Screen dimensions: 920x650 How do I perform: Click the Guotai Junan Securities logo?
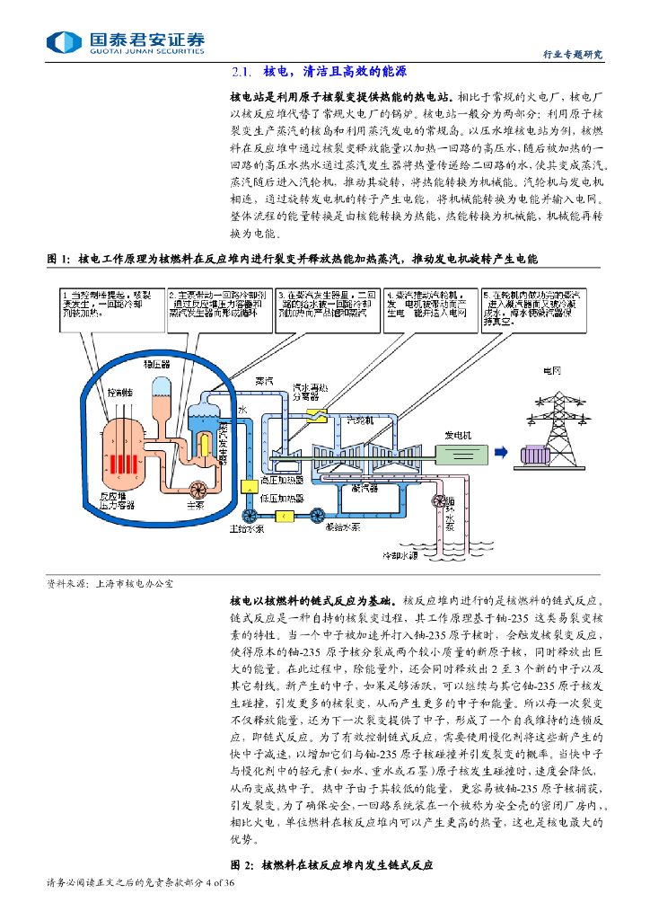tap(126, 42)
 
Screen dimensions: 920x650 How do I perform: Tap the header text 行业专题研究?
tap(574, 54)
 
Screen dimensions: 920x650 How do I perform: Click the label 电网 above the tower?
tap(550, 370)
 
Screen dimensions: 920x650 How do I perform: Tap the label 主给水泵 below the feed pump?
tap(245, 529)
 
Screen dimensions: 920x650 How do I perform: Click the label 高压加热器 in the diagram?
tap(280, 479)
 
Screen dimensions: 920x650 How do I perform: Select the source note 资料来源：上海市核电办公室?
tap(110, 583)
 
